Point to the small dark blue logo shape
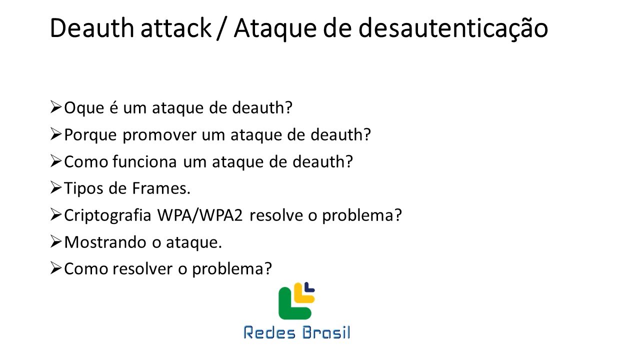pos(310,286)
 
